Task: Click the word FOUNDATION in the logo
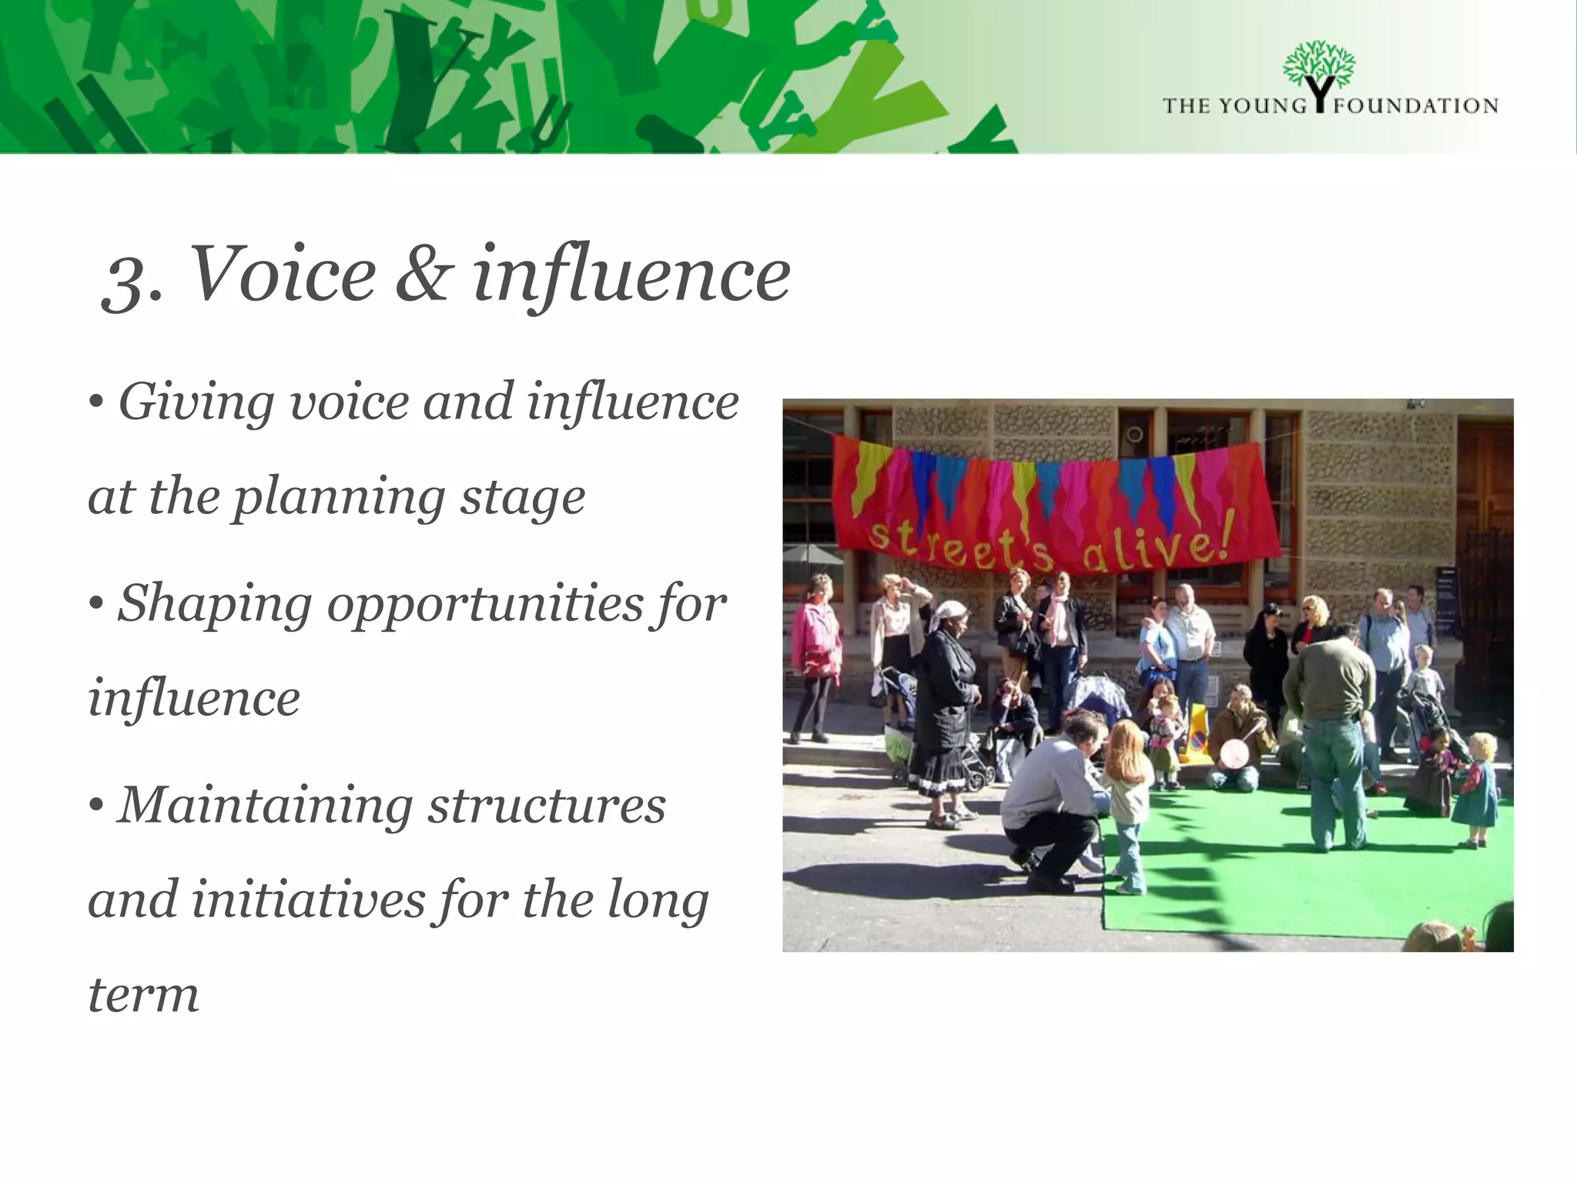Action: click(1416, 106)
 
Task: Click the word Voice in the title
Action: click(282, 274)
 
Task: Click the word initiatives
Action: click(307, 900)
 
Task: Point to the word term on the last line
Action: click(143, 994)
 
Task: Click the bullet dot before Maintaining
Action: click(95, 805)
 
